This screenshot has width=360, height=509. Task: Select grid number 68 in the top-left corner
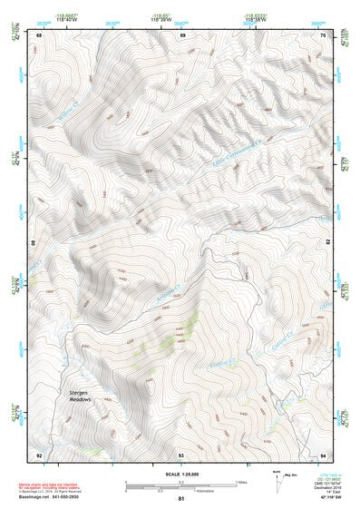click(x=39, y=35)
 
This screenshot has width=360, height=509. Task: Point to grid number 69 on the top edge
click(x=182, y=35)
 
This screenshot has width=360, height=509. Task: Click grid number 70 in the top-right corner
click(x=325, y=35)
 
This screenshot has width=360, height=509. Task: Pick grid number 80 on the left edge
click(x=36, y=243)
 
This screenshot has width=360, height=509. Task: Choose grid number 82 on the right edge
click(x=327, y=243)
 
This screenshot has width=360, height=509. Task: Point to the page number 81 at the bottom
click(x=181, y=500)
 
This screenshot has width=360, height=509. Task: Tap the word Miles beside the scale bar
click(x=241, y=482)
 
